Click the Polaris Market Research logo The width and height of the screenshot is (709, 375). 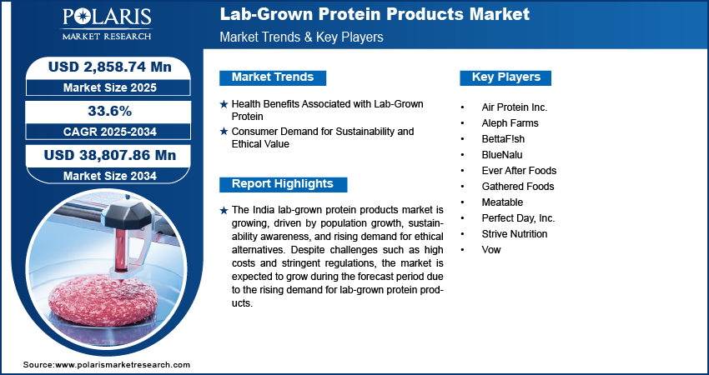point(107,24)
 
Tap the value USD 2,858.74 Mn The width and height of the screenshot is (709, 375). point(110,67)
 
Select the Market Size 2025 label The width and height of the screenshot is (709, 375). point(110,87)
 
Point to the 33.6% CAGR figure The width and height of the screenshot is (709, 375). point(110,111)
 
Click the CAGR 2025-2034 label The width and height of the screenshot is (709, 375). point(110,132)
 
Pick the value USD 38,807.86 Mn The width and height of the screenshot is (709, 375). point(110,155)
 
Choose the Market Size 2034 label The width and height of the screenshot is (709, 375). point(110,176)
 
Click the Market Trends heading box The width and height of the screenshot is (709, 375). point(273,77)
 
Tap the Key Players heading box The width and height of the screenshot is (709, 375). point(505,77)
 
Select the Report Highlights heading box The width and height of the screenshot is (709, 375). point(283,184)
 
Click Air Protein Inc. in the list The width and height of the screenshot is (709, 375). point(514,107)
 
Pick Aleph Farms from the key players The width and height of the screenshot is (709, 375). point(510,122)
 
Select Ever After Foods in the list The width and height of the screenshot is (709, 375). point(519,170)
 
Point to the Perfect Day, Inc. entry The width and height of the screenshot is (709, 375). point(518,218)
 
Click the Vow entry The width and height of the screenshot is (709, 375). point(491,249)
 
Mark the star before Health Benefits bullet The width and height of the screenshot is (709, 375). point(224,104)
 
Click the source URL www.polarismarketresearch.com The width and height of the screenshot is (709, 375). point(123,365)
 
